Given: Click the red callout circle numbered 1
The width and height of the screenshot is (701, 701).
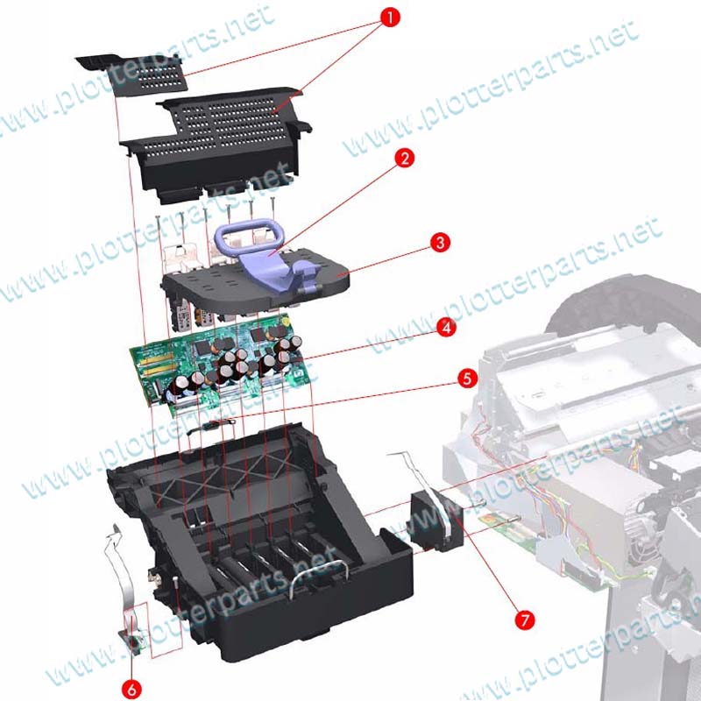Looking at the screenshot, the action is coord(390,18).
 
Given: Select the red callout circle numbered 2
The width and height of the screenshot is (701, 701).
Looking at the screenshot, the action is coord(405,159).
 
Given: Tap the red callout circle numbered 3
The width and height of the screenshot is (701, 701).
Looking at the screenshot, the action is coord(441,243).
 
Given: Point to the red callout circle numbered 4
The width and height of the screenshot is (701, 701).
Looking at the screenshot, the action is coord(446,328).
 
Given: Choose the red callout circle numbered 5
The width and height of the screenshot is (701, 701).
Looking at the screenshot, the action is coord(468,379).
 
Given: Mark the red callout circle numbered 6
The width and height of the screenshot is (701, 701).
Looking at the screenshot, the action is coord(132,690).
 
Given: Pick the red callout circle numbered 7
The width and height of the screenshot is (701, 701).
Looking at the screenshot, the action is coord(524,620).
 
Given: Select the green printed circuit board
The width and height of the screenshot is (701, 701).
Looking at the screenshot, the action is coord(219,365).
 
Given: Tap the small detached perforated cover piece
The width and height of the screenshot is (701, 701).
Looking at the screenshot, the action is coord(134,74).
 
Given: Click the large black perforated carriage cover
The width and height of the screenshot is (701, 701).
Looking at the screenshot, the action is coord(216,143).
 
